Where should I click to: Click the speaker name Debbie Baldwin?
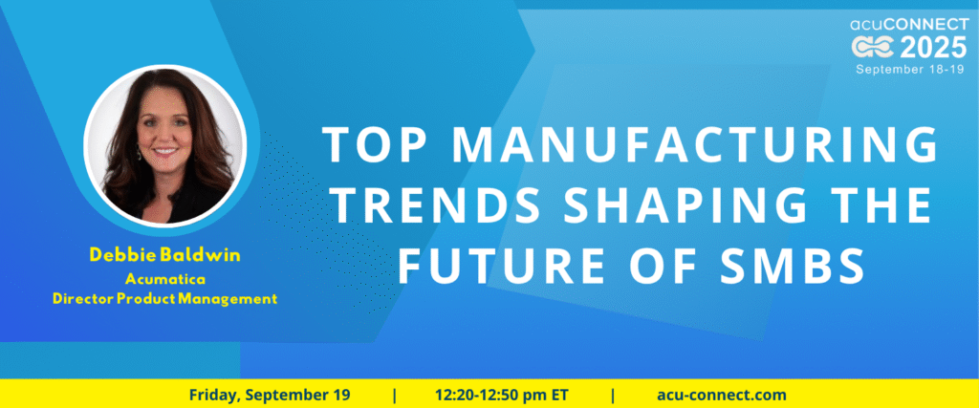click(164, 254)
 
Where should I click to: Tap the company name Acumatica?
click(164, 278)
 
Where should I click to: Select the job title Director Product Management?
click(164, 299)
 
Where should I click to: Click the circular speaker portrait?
click(165, 144)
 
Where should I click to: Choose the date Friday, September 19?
click(270, 395)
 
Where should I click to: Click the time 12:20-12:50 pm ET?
click(502, 395)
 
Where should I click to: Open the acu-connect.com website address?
click(722, 395)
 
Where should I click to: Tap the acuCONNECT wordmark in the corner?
click(909, 24)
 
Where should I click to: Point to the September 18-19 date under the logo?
click(911, 69)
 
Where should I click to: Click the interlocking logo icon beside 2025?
click(874, 48)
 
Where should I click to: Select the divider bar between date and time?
click(394, 396)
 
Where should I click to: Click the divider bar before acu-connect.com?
click(613, 396)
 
